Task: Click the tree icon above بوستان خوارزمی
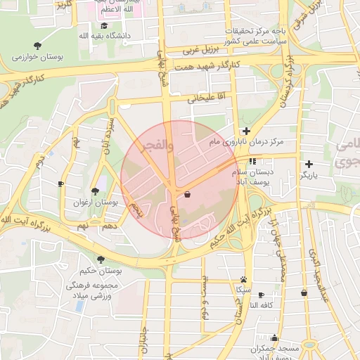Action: click(37, 45)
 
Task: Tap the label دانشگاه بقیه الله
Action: click(85, 35)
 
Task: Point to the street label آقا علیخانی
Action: click(205, 96)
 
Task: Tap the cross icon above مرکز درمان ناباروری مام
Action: click(246, 131)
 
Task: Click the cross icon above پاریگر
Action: click(309, 164)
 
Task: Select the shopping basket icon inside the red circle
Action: click(187, 194)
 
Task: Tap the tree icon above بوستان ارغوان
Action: click(95, 191)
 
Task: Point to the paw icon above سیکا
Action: click(243, 279)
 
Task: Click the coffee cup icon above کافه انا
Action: click(262, 295)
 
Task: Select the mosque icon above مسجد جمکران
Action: click(274, 338)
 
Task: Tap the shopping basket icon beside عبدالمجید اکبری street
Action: click(304, 292)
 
